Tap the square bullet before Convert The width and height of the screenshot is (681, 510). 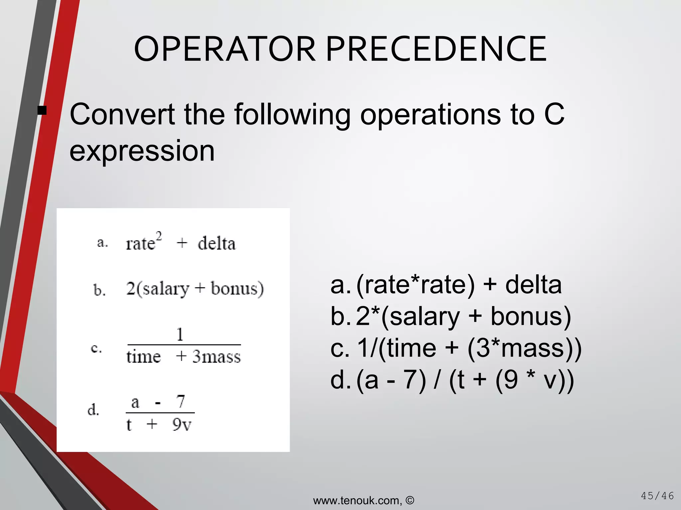pos(42,110)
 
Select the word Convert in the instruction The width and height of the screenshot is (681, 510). pos(122,114)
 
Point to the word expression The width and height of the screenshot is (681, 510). pos(142,151)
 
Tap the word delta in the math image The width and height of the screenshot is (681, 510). pos(216,243)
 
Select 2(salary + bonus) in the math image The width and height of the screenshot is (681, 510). pos(195,288)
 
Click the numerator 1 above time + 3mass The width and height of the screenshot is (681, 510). pos(180,334)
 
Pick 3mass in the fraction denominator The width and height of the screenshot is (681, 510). pos(216,357)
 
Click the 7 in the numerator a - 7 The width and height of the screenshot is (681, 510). pos(181,401)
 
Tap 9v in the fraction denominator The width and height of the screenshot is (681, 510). pos(182,424)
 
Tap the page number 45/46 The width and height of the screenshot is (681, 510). pos(657,496)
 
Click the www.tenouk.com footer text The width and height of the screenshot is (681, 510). pos(357,500)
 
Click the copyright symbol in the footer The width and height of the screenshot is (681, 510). pos(410,500)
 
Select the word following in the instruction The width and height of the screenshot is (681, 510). pos(292,114)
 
